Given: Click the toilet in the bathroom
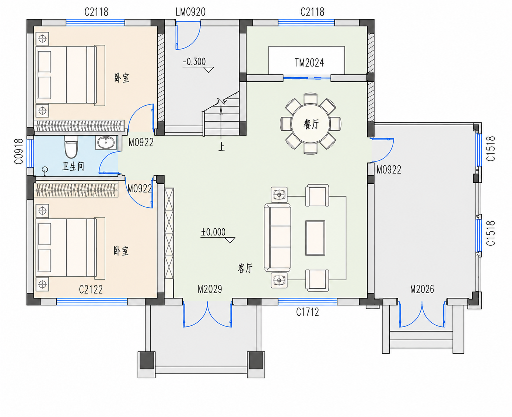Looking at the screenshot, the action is (71, 147).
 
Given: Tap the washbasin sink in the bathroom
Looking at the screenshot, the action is (106, 143).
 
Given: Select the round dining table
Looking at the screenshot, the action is (311, 124).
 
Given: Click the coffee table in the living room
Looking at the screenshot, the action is (315, 238).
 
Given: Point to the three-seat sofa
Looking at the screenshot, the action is (277, 238).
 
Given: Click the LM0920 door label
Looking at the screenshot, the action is (190, 12).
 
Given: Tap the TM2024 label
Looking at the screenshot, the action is (309, 63).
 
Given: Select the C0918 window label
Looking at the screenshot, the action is (19, 151).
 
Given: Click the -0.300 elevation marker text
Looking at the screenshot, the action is (194, 62).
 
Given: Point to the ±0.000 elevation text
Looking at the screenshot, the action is (213, 232).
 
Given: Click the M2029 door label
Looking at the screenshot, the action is (210, 289).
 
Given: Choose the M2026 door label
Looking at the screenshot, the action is (422, 289).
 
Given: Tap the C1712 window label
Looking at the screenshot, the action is (308, 312).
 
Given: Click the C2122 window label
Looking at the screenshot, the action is (91, 290).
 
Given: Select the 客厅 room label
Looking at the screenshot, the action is (245, 268).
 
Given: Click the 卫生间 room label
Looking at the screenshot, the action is (73, 166).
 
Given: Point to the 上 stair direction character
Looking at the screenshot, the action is (221, 147).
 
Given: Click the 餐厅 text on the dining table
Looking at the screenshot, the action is (311, 125).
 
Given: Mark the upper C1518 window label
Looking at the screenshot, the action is (491, 148).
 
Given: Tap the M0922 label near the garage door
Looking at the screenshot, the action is (389, 170).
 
